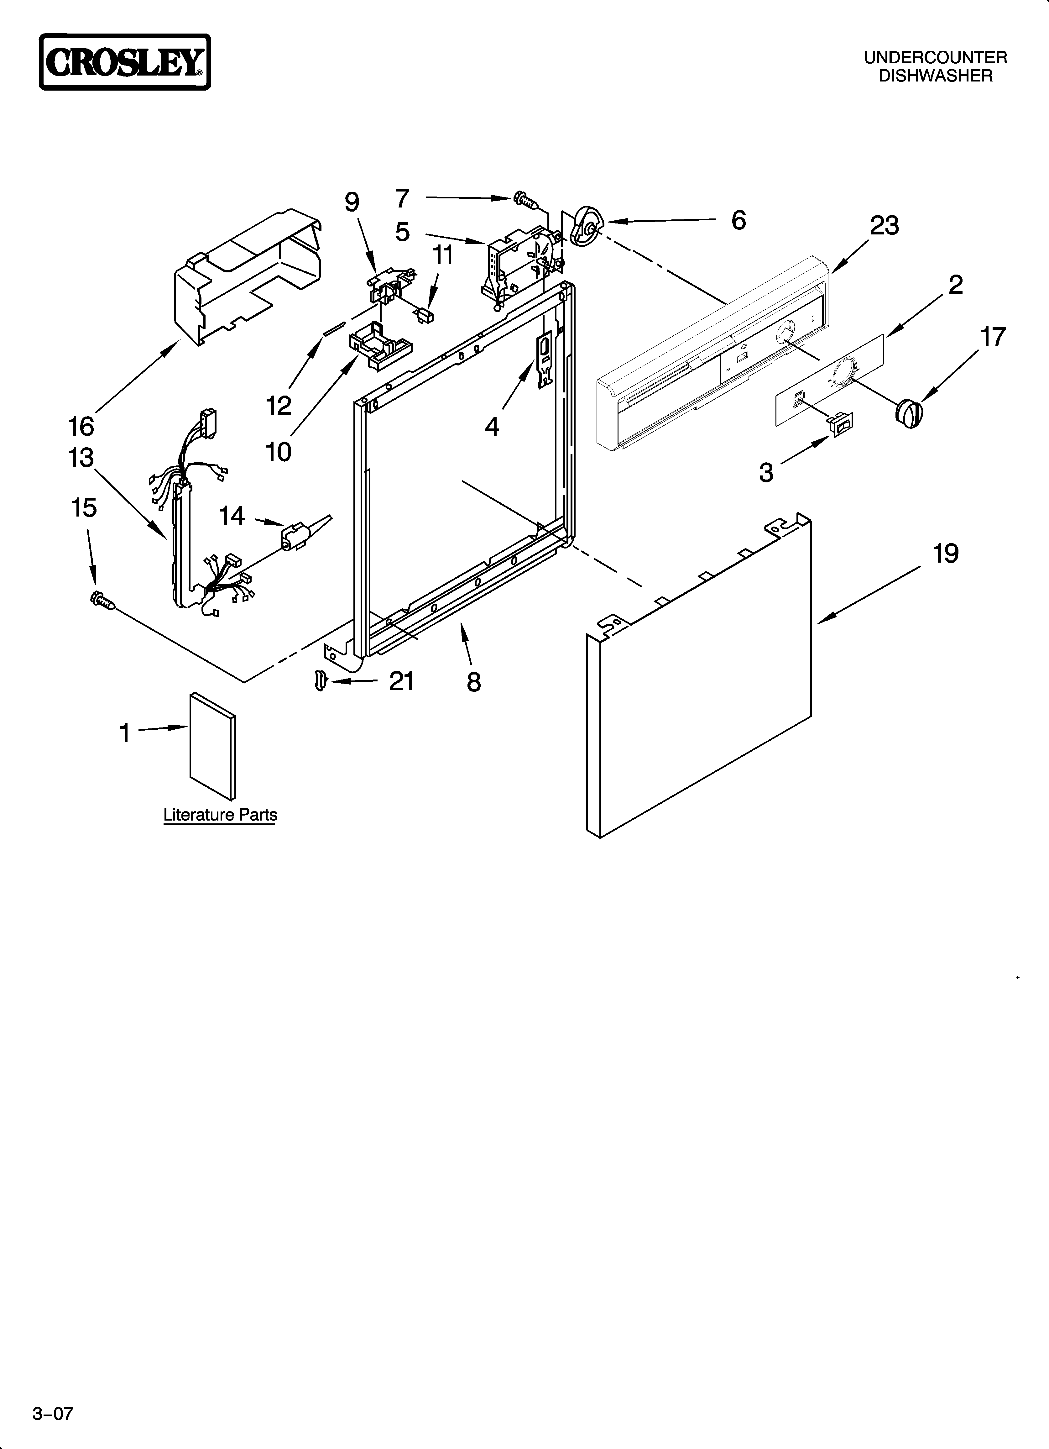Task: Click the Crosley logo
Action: (125, 62)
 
